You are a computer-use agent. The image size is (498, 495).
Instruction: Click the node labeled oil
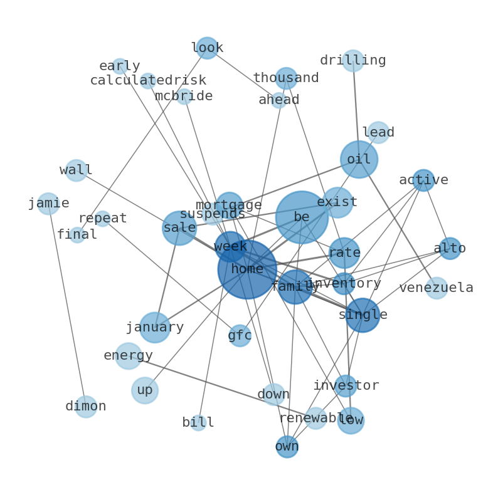coord(359,159)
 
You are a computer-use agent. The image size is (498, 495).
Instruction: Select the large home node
coord(247,269)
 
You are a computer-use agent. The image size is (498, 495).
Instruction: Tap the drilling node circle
coord(353,60)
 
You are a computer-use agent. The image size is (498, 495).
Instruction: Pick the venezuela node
coord(437,288)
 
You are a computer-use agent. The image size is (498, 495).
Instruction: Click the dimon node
coord(86,406)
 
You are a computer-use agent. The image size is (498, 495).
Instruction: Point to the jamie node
coord(48,203)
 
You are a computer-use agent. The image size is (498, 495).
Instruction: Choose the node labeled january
coord(154,327)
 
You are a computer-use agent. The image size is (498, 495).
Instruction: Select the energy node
coord(129,356)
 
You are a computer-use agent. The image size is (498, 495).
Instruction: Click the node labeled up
coord(145,390)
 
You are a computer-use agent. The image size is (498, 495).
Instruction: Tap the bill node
coord(198,422)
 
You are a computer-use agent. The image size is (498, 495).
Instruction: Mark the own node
coord(287,447)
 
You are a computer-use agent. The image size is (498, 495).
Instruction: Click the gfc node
coord(240,336)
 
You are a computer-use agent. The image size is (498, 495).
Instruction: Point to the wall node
coord(76,170)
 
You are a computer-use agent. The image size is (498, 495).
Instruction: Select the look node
coord(207,48)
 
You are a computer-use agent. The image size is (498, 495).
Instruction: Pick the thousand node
coord(286,78)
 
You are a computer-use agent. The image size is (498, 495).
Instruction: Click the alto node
coord(450,248)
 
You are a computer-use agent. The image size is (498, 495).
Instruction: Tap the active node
coord(423,180)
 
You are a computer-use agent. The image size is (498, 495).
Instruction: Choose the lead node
coord(378,132)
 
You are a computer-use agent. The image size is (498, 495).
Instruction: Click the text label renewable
coord(316,418)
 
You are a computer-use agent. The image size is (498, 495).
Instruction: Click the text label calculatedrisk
coord(148,81)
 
